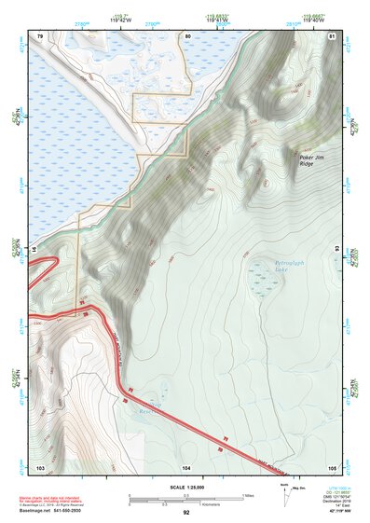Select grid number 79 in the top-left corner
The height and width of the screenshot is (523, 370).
tap(41, 35)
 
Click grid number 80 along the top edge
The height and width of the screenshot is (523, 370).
tap(188, 35)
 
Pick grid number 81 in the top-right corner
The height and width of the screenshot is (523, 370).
tap(333, 35)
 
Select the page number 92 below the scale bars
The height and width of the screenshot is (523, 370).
tap(186, 513)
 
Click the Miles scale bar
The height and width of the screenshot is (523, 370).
tap(185, 495)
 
